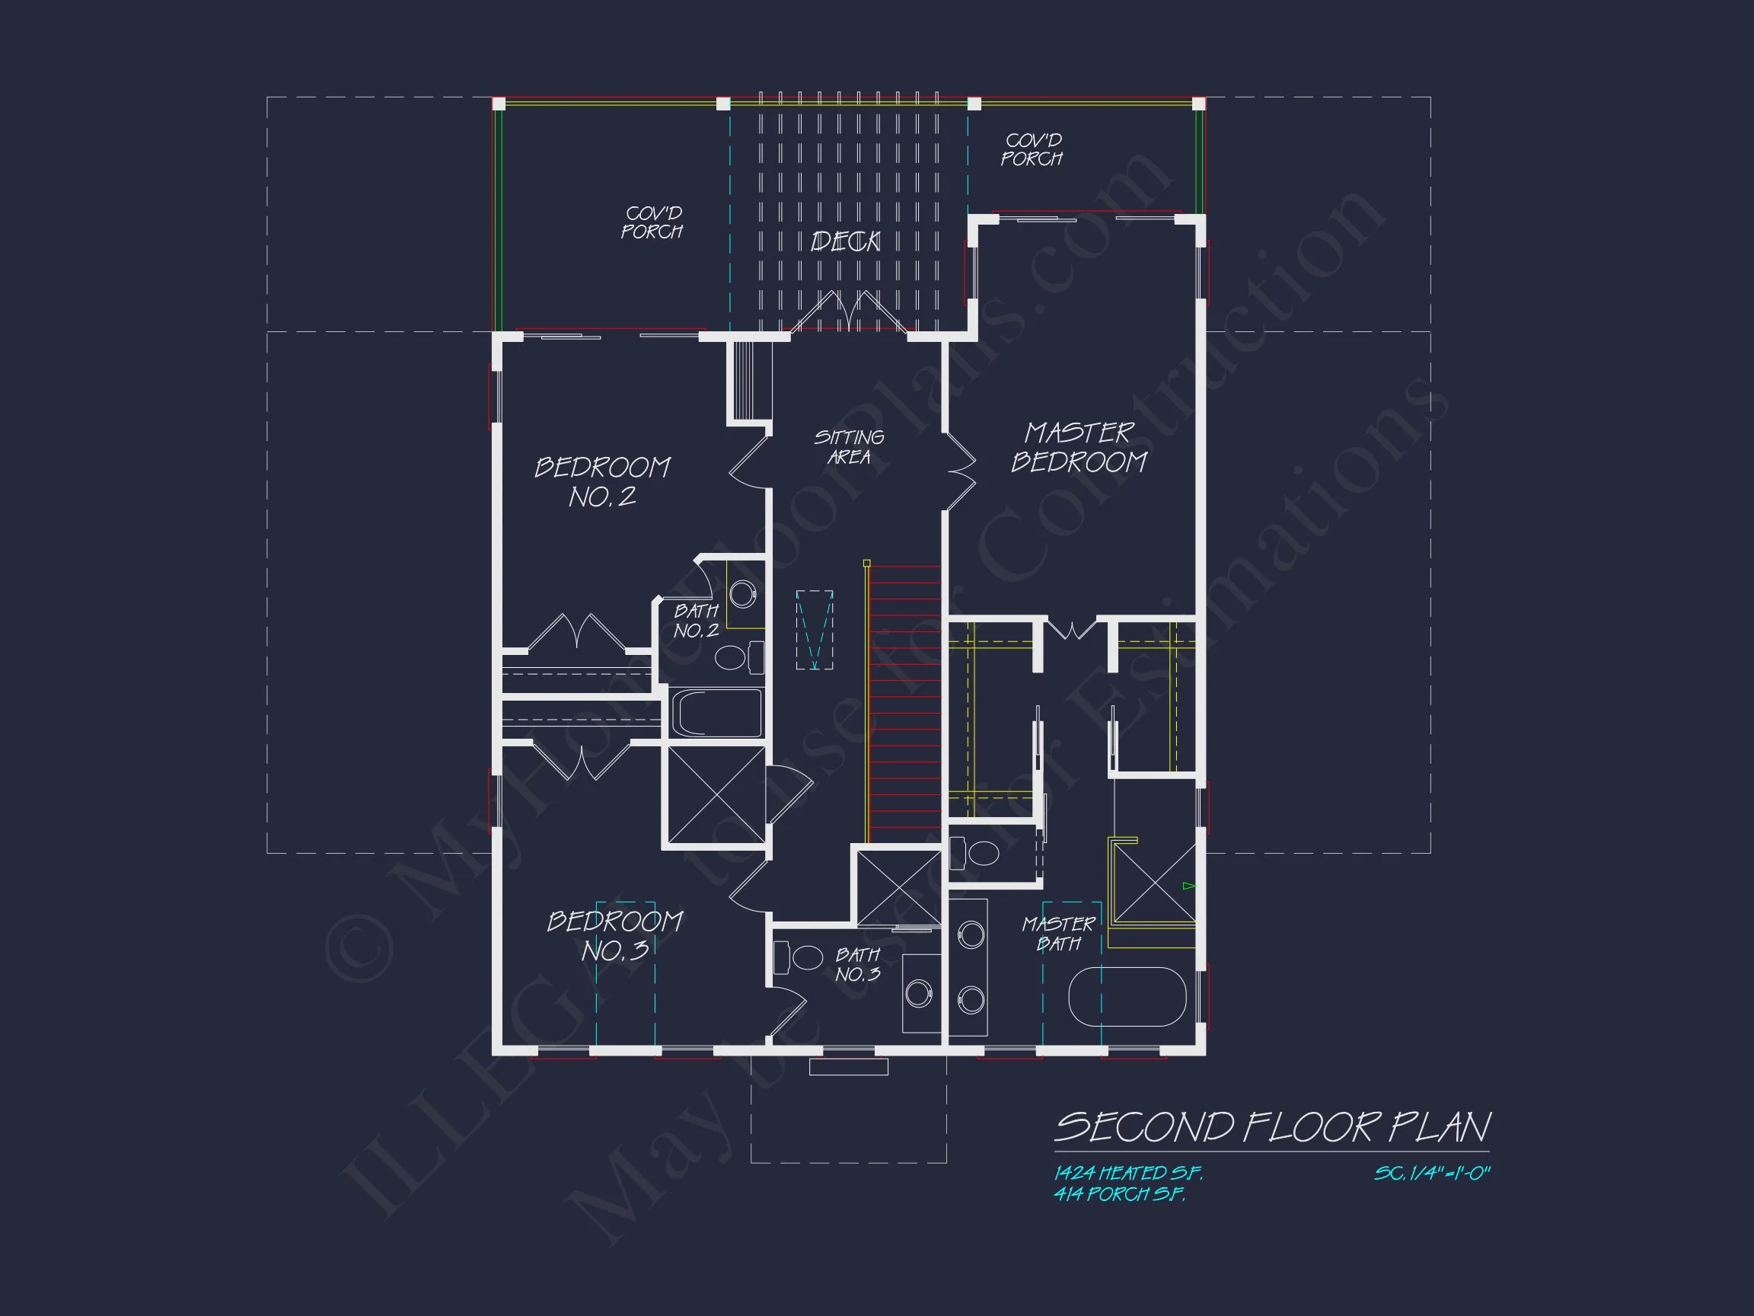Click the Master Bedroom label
1079,447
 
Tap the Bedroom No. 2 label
603,481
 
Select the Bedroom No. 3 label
614,935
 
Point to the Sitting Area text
849,447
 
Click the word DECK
845,241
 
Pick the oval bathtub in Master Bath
1127,997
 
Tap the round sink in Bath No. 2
742,594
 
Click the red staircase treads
904,703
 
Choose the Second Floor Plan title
1272,1127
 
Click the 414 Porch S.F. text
1119,1195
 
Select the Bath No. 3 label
857,964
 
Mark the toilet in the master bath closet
980,854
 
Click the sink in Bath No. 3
918,993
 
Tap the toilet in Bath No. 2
732,657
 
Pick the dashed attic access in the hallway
815,630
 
